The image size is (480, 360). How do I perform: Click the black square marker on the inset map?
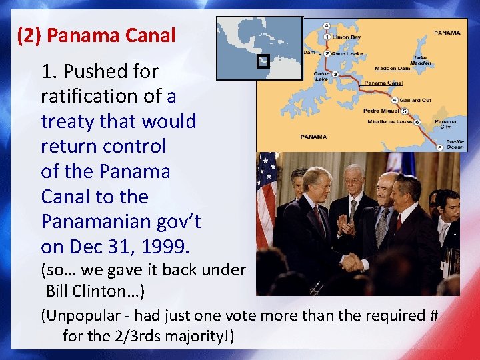point(263,61)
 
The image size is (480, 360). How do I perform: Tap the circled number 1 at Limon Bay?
point(327,37)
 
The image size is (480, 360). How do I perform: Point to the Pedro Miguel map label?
point(381,111)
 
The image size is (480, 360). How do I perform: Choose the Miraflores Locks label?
point(390,122)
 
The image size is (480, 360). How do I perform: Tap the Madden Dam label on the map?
point(393,68)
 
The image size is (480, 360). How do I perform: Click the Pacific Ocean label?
point(455,144)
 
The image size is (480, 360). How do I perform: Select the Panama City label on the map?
point(445,125)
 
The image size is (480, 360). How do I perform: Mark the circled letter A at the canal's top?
point(326,26)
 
